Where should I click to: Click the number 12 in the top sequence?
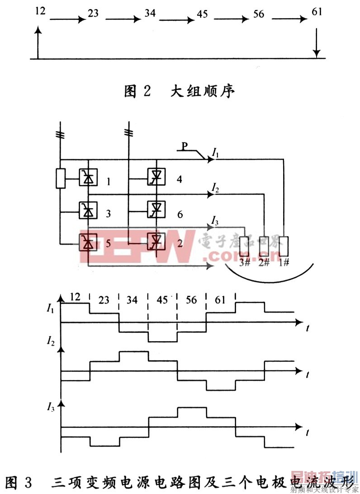[x=40, y=9]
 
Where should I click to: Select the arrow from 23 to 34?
[x=121, y=19]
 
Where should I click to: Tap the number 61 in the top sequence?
[x=317, y=11]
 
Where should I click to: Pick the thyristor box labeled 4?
[x=157, y=177]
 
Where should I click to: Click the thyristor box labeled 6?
[x=157, y=208]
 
